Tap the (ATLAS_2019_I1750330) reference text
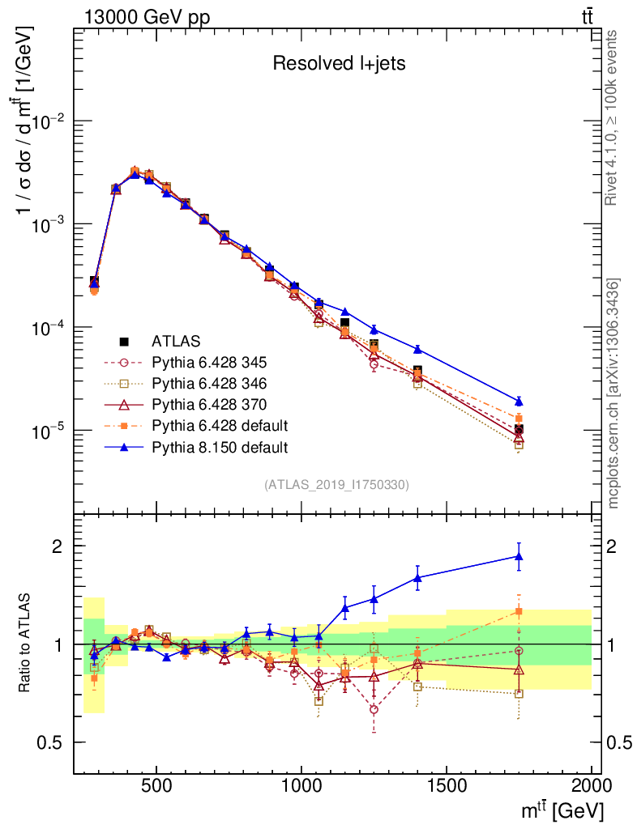336,485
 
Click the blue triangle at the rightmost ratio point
519,556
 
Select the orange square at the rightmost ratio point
519,611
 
